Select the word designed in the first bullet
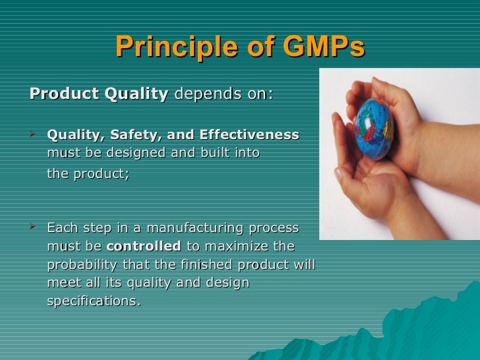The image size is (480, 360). (x=132, y=154)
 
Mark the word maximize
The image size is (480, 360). (x=239, y=247)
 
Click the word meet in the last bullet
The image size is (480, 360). (x=62, y=284)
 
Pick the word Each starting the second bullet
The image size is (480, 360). (x=61, y=229)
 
